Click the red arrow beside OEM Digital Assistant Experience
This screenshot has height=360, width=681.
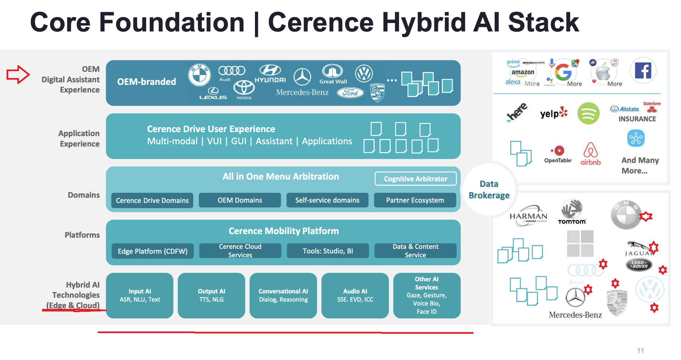click(18, 74)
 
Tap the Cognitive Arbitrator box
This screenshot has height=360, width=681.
click(415, 179)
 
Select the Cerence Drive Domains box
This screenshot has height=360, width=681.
click(152, 200)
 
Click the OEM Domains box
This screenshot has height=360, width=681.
click(240, 200)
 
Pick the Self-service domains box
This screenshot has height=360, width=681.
click(327, 200)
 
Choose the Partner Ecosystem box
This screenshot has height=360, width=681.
click(415, 200)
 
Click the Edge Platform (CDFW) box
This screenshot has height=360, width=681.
click(152, 251)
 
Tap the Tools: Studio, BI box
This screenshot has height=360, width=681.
click(327, 251)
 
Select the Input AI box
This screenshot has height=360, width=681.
click(140, 295)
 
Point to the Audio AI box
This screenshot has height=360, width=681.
click(355, 295)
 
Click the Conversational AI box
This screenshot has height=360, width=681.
click(283, 295)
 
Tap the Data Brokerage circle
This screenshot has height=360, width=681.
click(489, 190)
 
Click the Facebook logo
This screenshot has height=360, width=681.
click(643, 70)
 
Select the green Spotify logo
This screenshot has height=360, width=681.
click(588, 113)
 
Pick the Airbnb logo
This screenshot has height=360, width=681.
click(591, 154)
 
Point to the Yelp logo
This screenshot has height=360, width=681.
click(554, 113)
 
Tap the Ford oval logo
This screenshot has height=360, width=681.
click(350, 93)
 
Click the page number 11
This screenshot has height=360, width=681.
click(640, 351)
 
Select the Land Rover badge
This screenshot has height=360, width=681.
click(639, 265)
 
